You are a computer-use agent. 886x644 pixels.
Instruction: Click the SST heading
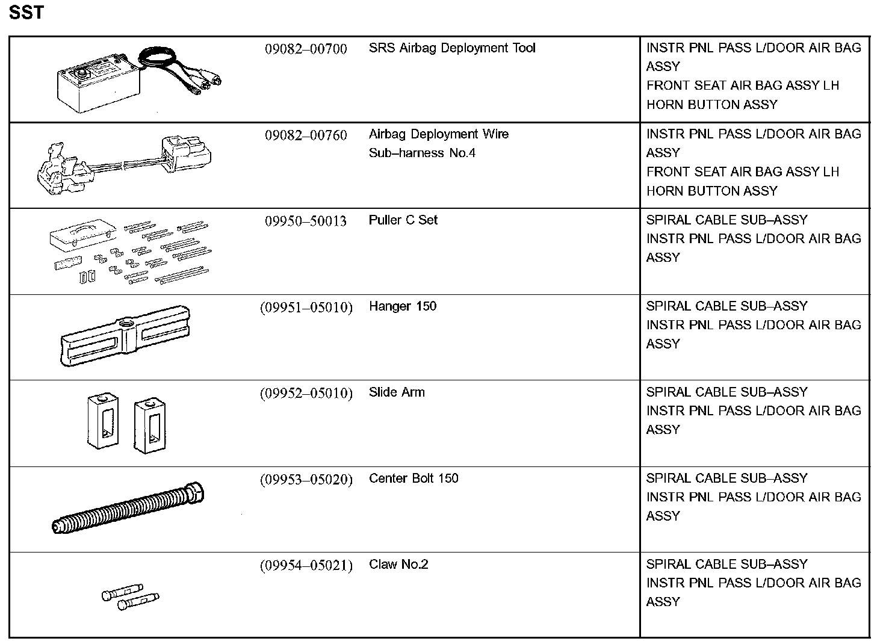pos(26,13)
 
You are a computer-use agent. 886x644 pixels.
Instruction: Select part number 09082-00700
pos(306,49)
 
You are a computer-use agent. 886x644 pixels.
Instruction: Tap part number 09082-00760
pos(306,135)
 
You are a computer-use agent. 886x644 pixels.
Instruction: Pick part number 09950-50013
pos(306,221)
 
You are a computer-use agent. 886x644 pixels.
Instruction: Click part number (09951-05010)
pos(306,308)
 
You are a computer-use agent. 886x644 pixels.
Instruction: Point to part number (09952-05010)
pos(306,394)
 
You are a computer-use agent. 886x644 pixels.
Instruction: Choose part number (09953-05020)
pos(306,480)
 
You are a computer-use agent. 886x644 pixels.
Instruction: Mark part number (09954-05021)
pos(306,566)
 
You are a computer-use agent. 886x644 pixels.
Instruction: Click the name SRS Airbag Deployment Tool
pos(451,48)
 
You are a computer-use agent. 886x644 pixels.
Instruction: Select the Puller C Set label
pos(403,220)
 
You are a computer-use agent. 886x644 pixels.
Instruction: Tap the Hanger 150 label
pos(402,306)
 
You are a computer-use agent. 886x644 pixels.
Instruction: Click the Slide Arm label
pos(397,392)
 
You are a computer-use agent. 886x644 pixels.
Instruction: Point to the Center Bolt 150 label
pos(414,478)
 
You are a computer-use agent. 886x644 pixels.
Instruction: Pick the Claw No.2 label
pos(398,565)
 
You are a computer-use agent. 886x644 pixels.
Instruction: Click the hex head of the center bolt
pos(195,493)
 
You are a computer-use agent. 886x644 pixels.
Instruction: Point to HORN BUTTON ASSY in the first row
pos(711,105)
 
